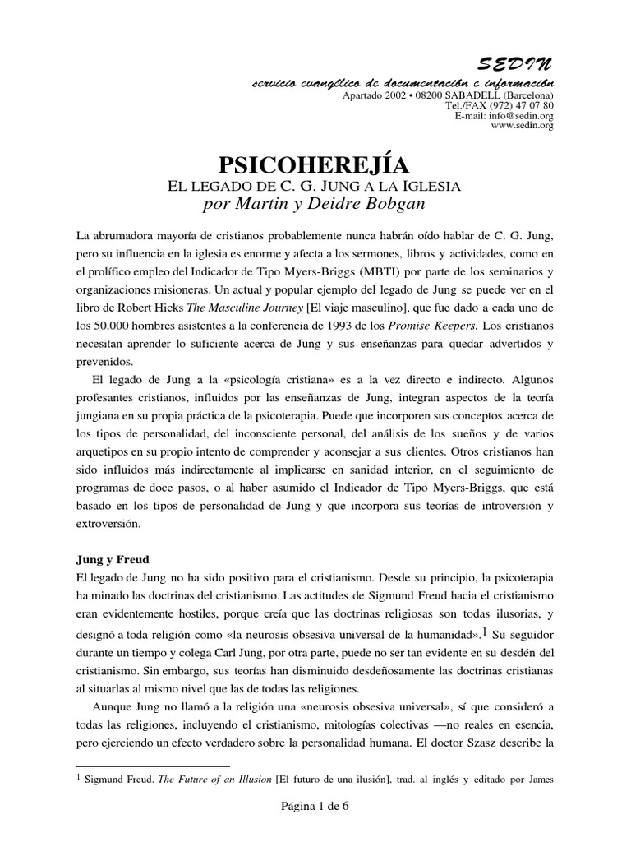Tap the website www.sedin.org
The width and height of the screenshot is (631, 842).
pyautogui.click(x=522, y=126)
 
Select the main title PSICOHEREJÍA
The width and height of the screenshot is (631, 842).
pyautogui.click(x=315, y=163)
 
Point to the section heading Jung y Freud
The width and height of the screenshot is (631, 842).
pyautogui.click(x=108, y=559)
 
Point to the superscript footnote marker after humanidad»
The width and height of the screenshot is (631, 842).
pyautogui.click(x=486, y=631)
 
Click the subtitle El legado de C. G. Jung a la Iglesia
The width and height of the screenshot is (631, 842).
pyautogui.click(x=315, y=186)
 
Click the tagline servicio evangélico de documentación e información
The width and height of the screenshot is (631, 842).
pyautogui.click(x=403, y=84)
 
